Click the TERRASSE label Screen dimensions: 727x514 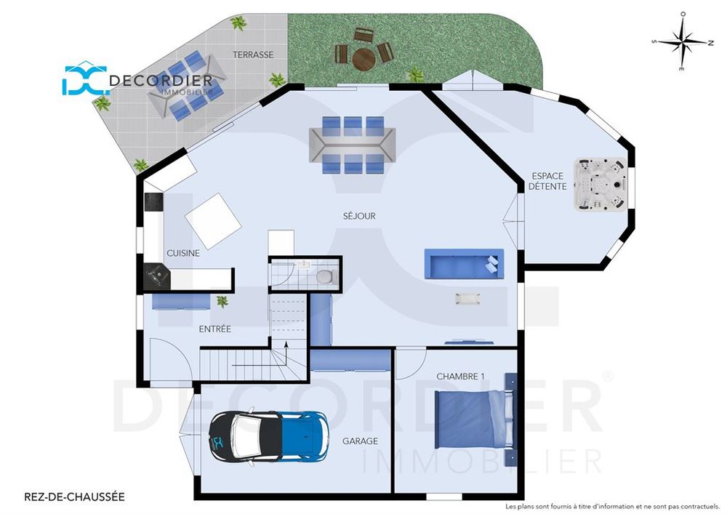point(253,55)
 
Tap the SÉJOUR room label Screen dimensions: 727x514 point(359,216)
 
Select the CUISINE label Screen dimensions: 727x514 point(183,254)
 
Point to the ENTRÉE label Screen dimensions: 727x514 point(214,329)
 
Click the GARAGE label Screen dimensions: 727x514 point(361,441)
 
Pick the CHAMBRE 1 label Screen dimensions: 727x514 point(460,377)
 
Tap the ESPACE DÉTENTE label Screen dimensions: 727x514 point(547,181)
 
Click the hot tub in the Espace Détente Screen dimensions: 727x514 point(600,185)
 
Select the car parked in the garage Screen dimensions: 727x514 point(270,435)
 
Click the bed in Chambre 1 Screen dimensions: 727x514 point(474,419)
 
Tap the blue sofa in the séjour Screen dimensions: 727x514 point(464,264)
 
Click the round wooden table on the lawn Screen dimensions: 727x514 point(364,59)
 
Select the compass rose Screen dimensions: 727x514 point(683,41)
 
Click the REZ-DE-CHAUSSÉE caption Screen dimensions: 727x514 point(74,497)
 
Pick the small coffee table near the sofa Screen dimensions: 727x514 point(467,299)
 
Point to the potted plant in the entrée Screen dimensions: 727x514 point(222,302)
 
